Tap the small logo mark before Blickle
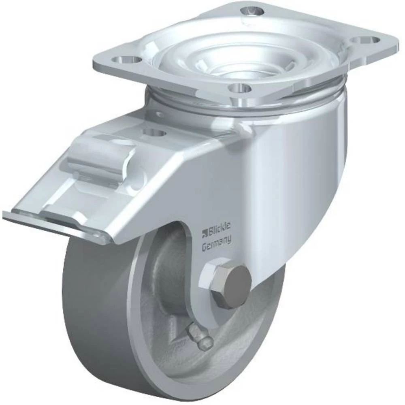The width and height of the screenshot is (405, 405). (205, 232)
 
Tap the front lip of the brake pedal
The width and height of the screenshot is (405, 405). (53, 223)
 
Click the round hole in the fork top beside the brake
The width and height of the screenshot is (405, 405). (154, 133)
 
